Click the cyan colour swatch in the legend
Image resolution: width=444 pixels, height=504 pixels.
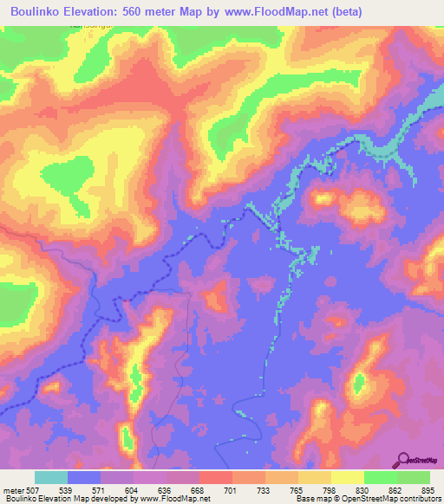coord(51,477)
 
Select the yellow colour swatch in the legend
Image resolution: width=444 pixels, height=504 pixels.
coord(347,477)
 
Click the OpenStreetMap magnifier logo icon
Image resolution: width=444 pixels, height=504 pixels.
coord(402,459)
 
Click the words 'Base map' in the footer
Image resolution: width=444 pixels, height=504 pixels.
coord(310,499)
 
